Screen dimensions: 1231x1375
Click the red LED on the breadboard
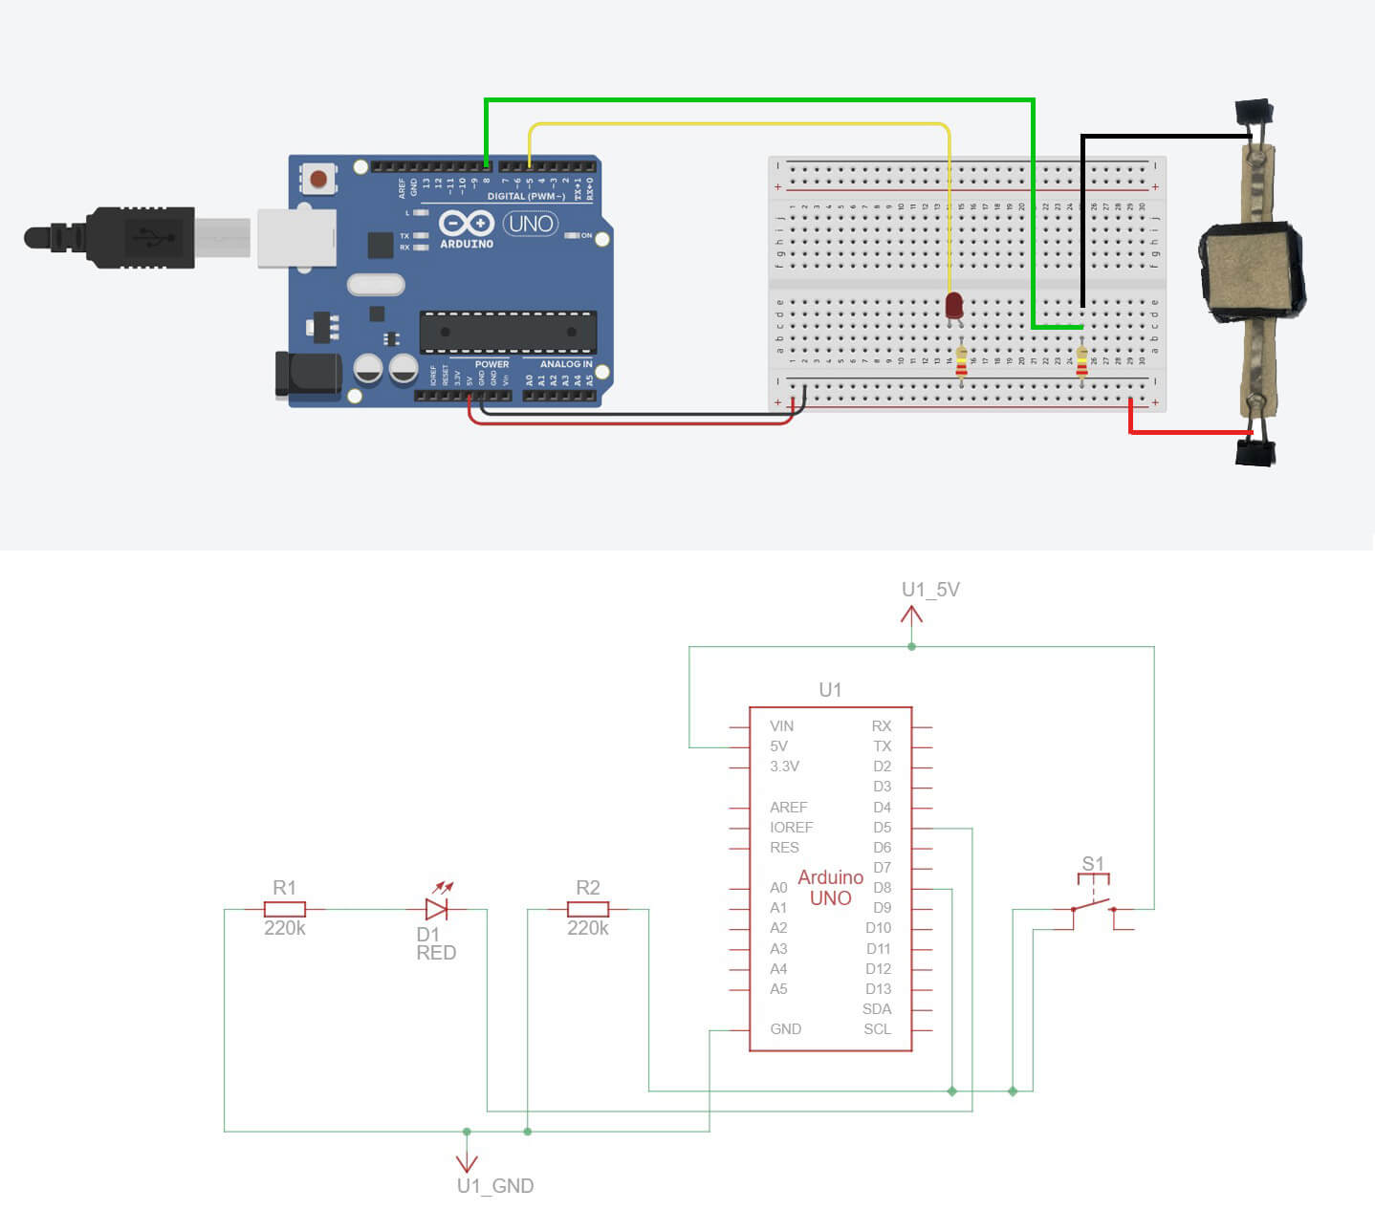click(953, 306)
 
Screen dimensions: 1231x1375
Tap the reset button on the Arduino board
click(317, 179)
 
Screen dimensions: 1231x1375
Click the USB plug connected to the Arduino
click(134, 237)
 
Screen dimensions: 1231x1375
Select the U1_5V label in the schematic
click(930, 590)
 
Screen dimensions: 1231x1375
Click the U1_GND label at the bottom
click(494, 1186)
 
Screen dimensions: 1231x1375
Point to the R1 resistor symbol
click(285, 909)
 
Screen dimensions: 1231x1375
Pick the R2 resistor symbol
click(588, 909)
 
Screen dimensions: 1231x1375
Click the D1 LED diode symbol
click(437, 909)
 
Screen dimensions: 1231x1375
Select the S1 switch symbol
click(1093, 898)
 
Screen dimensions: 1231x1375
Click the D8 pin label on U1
click(882, 888)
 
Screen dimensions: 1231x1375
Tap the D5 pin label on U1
click(882, 828)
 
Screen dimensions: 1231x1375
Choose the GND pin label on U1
click(786, 1029)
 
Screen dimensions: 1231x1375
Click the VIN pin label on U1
click(781, 726)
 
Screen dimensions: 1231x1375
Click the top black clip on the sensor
click(1255, 114)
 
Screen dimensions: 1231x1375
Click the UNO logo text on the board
click(531, 224)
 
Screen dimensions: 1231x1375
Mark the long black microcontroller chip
click(508, 332)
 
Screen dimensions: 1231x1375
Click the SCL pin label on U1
click(877, 1029)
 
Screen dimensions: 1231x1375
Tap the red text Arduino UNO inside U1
click(830, 888)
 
